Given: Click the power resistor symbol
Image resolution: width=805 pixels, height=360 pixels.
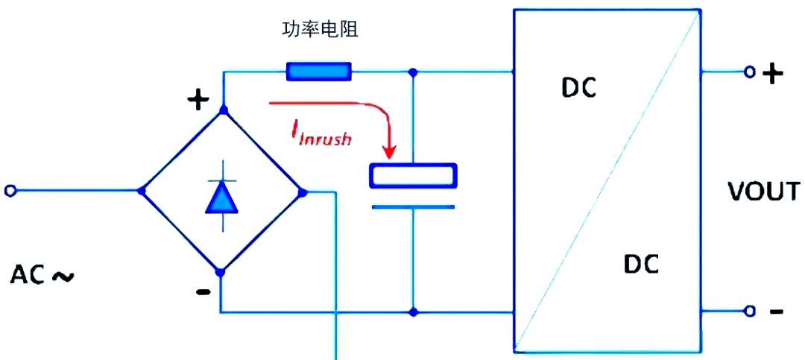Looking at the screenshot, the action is pyautogui.click(x=319, y=72).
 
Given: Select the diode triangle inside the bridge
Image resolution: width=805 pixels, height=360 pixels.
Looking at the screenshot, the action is pyautogui.click(x=222, y=198).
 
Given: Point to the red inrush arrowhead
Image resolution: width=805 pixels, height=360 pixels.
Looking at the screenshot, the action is pyautogui.click(x=390, y=151).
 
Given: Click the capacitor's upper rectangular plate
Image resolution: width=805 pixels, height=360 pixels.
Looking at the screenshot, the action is pyautogui.click(x=413, y=175).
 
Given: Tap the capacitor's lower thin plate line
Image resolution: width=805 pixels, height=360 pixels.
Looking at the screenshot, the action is pyautogui.click(x=413, y=207).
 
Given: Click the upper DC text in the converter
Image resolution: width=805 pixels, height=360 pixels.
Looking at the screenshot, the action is pyautogui.click(x=578, y=89).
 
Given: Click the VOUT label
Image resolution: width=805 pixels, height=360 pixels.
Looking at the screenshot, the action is pyautogui.click(x=764, y=192).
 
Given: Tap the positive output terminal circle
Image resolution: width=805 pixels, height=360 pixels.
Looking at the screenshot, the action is pyautogui.click(x=750, y=72).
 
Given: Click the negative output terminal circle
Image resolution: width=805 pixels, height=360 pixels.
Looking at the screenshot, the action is pyautogui.click(x=750, y=311).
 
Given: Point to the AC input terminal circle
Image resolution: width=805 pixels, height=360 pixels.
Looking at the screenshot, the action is pyautogui.click(x=10, y=191).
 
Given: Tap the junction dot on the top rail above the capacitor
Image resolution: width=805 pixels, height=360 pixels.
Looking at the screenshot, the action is pyautogui.click(x=412, y=72).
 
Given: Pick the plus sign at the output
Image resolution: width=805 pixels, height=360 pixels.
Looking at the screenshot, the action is pyautogui.click(x=773, y=75).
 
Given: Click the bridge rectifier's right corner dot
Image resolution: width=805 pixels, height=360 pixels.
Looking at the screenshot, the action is pyautogui.click(x=303, y=192).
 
